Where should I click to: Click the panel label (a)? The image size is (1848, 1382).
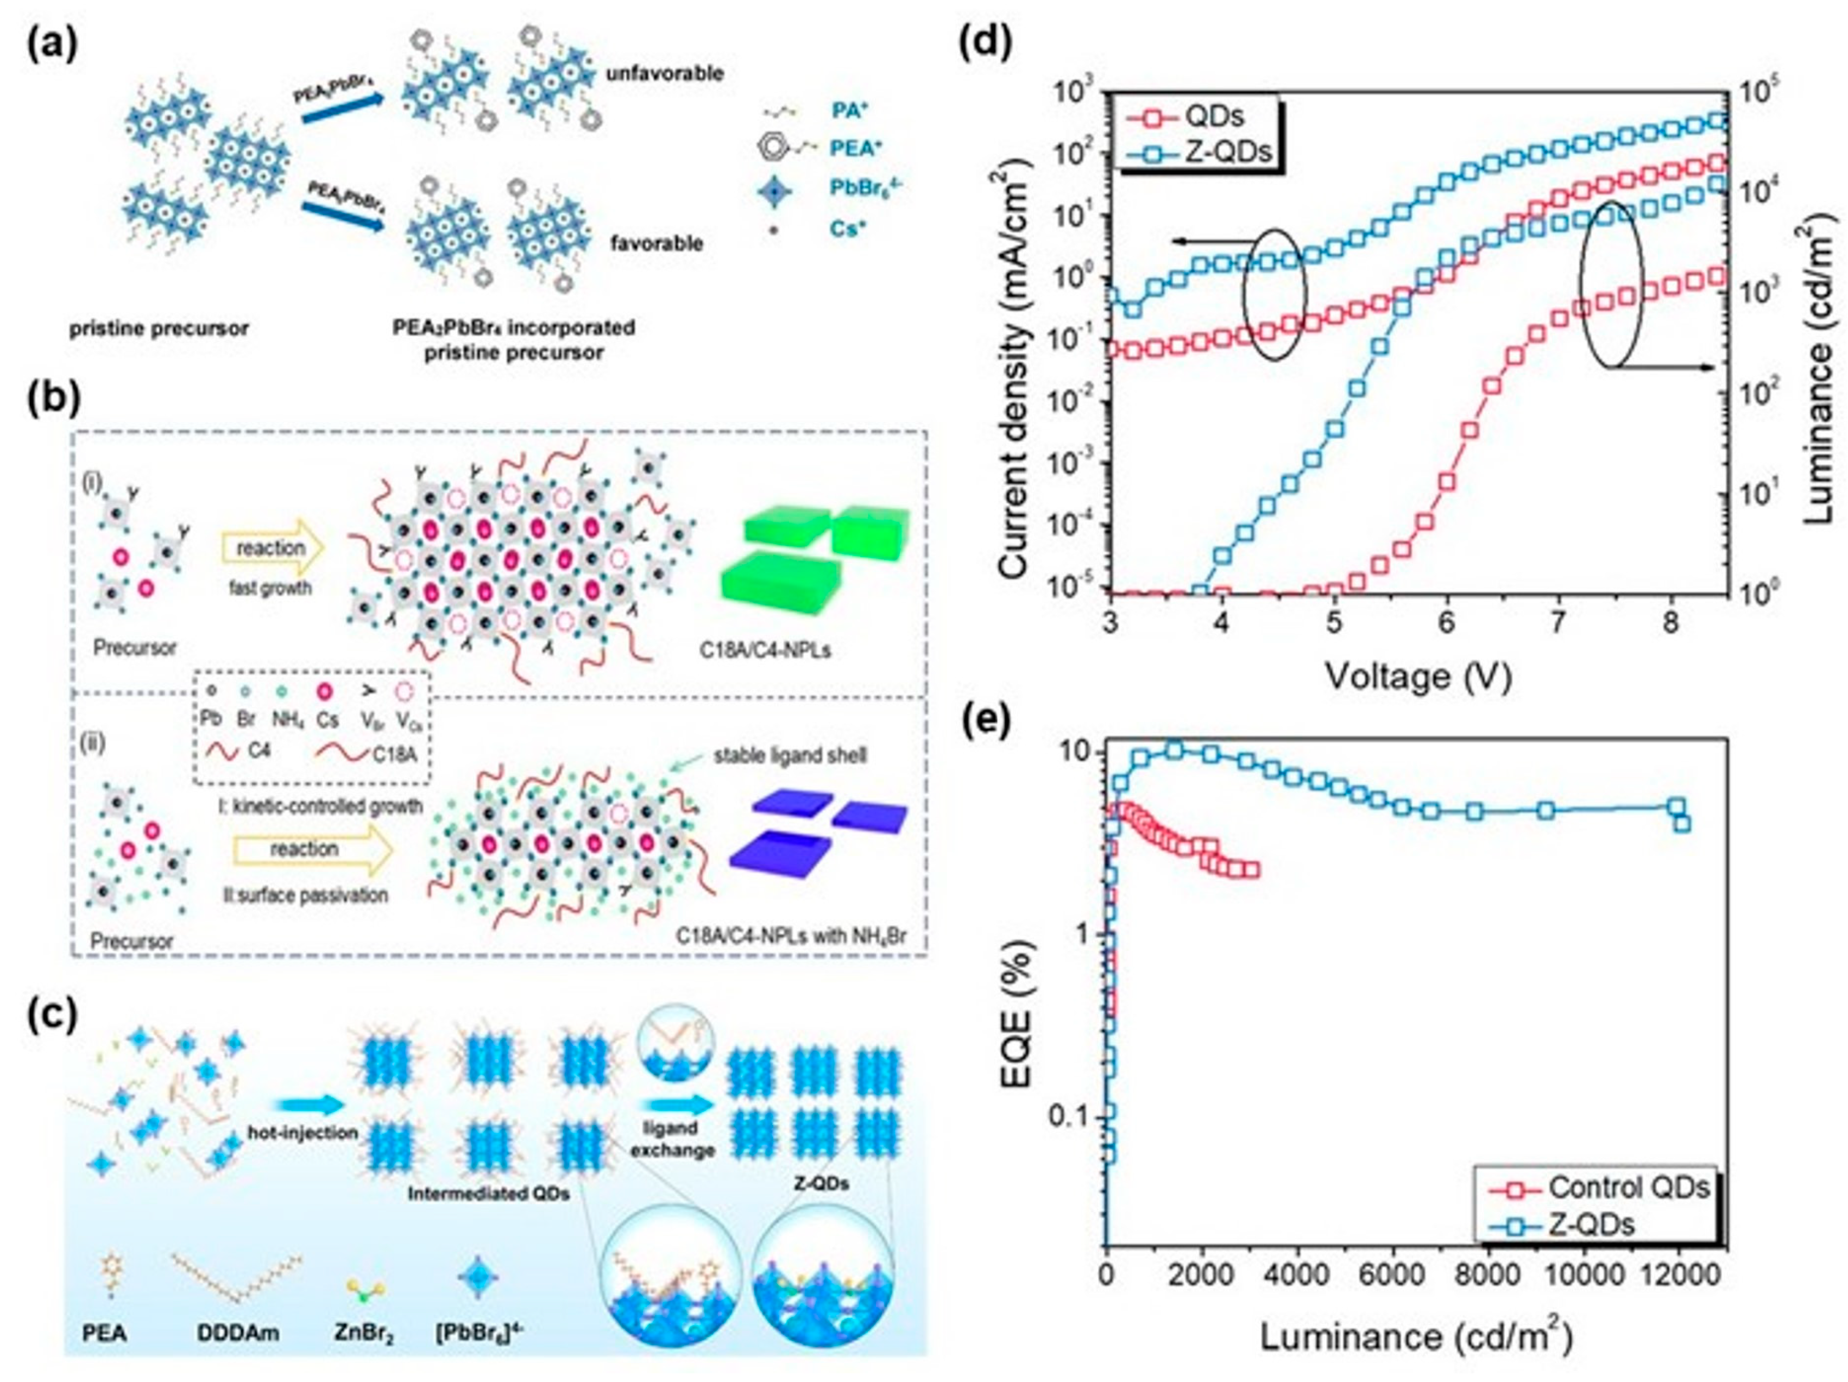[x=51, y=43]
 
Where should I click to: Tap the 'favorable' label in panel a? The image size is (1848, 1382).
[x=656, y=244]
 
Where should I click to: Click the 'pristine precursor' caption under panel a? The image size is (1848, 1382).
[x=159, y=329]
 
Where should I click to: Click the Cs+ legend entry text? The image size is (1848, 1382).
[x=846, y=228]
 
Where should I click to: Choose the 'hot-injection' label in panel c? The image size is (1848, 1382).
[x=302, y=1133]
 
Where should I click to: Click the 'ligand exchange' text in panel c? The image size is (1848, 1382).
[x=672, y=1139]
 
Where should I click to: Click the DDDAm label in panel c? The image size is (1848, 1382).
[x=238, y=1332]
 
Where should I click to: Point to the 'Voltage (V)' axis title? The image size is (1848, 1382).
[x=1418, y=675]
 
